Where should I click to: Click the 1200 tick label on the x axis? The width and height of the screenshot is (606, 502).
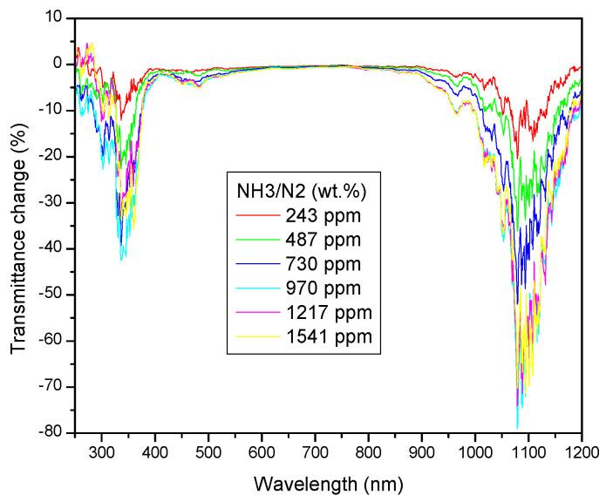click(x=581, y=453)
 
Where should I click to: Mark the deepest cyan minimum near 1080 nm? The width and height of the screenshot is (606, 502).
click(x=517, y=427)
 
